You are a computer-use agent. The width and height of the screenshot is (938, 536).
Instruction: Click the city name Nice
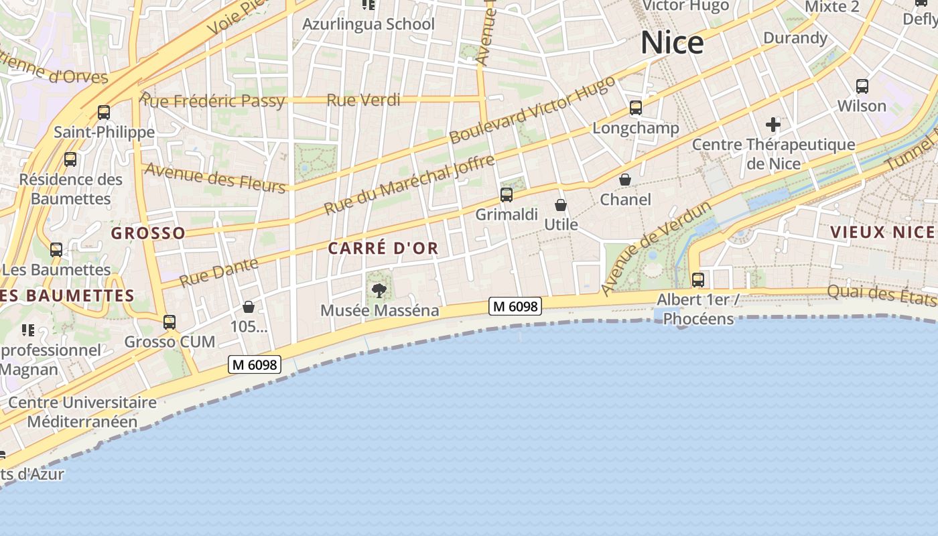672,43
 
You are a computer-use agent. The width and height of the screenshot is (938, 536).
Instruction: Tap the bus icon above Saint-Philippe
104,112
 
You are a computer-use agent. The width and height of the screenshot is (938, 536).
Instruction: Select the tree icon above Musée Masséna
379,290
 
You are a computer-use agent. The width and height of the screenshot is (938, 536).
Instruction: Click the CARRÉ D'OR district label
383,248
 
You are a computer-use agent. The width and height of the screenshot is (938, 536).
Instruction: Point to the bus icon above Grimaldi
507,195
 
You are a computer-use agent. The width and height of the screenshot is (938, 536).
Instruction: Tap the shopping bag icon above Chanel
625,180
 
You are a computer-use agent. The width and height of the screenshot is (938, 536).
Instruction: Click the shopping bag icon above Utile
561,205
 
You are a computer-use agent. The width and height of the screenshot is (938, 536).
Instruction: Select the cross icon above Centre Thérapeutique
773,124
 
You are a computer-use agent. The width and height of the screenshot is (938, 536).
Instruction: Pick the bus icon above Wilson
862,86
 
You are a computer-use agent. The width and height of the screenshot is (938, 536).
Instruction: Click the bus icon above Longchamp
636,107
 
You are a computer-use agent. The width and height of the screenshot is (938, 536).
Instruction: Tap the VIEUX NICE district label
882,232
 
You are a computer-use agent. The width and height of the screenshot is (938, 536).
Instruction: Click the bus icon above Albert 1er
698,279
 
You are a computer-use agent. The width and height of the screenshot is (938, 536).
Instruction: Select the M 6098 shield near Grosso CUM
254,364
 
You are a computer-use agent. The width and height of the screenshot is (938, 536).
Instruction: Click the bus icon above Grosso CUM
170,322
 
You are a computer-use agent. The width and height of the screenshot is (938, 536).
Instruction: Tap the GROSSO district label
148,233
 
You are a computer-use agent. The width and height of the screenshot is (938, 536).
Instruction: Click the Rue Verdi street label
363,100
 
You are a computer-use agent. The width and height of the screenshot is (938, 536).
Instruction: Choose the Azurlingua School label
368,25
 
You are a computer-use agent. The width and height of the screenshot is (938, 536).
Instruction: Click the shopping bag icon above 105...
249,307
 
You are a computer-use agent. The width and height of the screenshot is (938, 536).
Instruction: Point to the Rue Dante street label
219,272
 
